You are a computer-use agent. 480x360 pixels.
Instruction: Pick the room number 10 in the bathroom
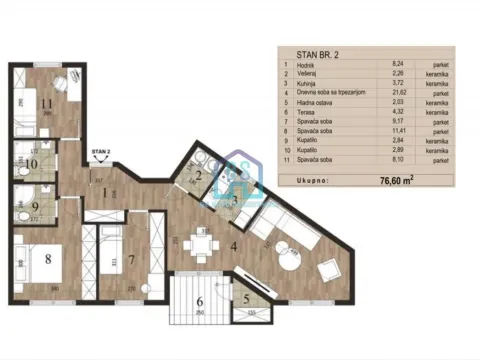pos(31,162)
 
